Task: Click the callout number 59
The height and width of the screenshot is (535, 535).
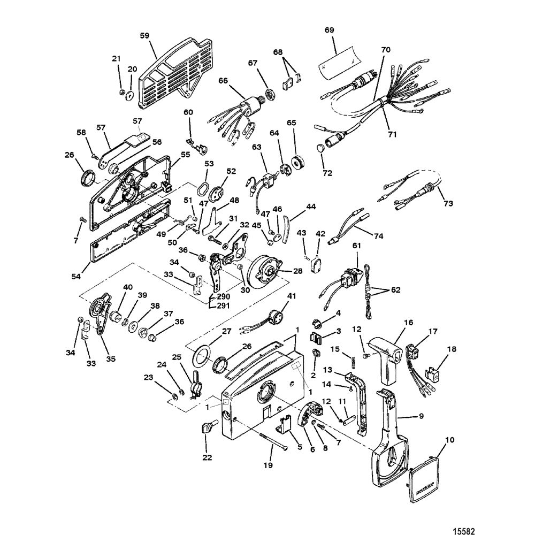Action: [145, 35]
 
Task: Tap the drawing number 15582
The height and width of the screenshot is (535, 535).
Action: [463, 531]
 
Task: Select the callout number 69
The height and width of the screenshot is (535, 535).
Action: [329, 29]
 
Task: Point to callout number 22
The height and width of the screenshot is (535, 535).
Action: [207, 457]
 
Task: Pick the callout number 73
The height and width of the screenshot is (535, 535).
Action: [448, 203]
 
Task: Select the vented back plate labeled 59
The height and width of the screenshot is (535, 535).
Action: [171, 73]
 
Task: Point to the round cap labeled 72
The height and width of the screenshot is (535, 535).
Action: [320, 148]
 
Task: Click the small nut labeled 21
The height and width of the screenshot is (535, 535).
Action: [123, 92]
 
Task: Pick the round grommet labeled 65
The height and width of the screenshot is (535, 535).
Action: [298, 162]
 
